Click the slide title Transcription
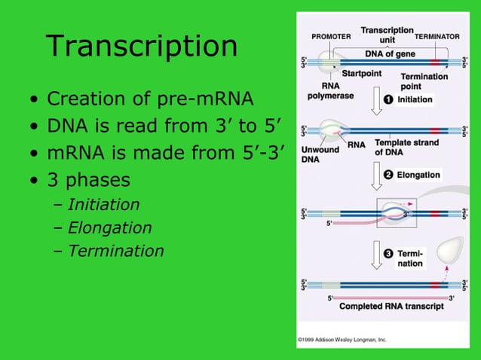(x=142, y=46)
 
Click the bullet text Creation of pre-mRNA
(x=150, y=99)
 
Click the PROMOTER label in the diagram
(x=329, y=37)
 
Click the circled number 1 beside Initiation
(x=388, y=99)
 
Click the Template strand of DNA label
(x=403, y=148)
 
